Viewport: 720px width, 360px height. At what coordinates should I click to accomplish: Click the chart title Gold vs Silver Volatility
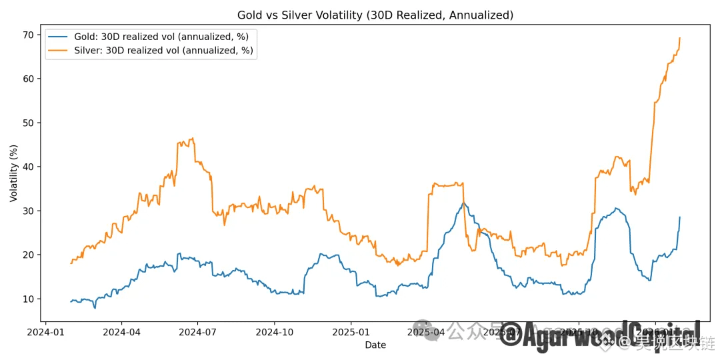[x=375, y=15]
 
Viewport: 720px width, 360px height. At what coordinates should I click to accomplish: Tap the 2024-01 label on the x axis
[x=46, y=331]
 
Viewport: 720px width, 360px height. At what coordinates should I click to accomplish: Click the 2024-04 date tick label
[x=122, y=331]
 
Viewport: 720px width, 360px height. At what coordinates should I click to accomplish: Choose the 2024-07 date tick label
[x=198, y=331]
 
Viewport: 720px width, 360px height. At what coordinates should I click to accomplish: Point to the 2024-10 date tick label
[x=275, y=331]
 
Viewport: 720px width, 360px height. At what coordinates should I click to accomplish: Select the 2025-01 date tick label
[x=351, y=331]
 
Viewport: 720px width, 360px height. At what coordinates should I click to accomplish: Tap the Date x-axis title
[x=375, y=345]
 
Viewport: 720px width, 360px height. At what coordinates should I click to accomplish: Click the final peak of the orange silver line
[x=679, y=38]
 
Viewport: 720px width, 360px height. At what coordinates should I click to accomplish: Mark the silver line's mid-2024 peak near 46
[x=192, y=139]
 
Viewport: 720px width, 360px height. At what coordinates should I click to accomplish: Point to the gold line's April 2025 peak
[x=463, y=203]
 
